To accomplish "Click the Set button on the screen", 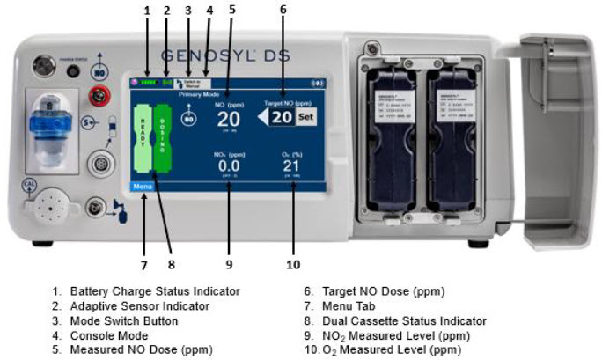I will (305, 117).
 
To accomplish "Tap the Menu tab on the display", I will (142, 187).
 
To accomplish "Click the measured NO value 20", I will (228, 120).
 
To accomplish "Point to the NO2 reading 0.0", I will (228, 165).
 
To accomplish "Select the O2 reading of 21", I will (292, 165).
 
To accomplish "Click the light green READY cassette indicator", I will (141, 141).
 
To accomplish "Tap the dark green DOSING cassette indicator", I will (163, 141).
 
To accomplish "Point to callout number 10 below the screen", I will (293, 263).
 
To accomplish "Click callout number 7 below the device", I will (143, 263).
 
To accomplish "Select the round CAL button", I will (28, 185).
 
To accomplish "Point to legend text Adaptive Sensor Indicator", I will (140, 305).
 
